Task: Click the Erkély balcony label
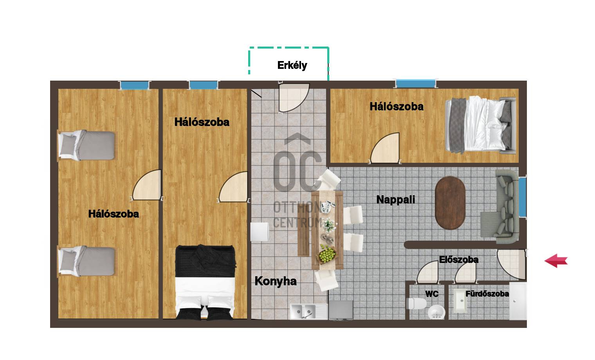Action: click(292, 65)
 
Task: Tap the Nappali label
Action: click(395, 200)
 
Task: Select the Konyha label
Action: click(276, 281)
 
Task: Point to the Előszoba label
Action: click(458, 259)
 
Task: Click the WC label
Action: click(431, 294)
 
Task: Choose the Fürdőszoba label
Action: click(487, 294)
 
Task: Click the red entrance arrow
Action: click(556, 261)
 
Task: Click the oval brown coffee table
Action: click(450, 203)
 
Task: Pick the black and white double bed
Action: click(205, 282)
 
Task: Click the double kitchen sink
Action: click(308, 311)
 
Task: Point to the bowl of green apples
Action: click(327, 255)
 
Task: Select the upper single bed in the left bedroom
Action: click(87, 145)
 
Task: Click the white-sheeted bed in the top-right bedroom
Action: click(480, 124)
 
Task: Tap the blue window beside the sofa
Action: click(523, 196)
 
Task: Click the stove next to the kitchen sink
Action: click(341, 310)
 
